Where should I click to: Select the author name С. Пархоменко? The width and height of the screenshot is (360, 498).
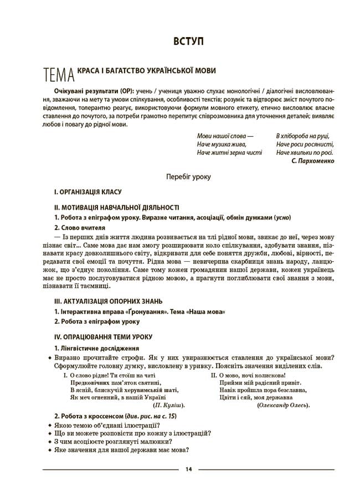(312, 161)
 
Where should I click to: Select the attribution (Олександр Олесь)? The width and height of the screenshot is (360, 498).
(284, 405)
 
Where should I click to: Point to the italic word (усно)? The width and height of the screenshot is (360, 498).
(280, 217)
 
